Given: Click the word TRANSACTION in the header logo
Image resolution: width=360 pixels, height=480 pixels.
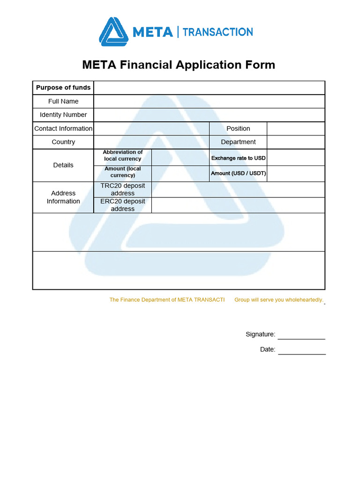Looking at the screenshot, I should [217, 32].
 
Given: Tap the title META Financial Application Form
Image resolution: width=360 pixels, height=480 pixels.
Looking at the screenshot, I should [179, 65].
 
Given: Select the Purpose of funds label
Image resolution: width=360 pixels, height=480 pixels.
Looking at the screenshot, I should [63, 88].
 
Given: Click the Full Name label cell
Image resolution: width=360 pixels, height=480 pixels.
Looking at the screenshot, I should [63, 101].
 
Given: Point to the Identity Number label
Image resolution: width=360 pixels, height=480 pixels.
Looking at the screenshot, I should [63, 115].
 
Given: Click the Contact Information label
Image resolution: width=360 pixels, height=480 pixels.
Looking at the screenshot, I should [63, 128].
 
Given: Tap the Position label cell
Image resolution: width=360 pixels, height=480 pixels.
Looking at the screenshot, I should [238, 128].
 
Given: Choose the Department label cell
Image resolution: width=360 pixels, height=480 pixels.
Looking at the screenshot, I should [238, 142].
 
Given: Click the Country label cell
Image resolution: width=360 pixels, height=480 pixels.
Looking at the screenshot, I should [63, 142].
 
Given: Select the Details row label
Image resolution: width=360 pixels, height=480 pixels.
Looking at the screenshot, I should [63, 165].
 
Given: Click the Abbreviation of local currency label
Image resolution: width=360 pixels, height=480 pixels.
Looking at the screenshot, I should [123, 156].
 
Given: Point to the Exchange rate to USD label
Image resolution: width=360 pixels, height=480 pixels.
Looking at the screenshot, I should [238, 158].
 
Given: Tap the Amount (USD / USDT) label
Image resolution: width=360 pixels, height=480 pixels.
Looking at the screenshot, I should [238, 173].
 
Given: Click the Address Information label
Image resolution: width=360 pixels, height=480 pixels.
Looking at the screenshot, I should [63, 197].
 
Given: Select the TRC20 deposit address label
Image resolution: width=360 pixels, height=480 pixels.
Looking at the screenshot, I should [123, 189].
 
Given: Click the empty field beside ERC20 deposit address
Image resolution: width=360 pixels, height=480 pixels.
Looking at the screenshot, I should [238, 205].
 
